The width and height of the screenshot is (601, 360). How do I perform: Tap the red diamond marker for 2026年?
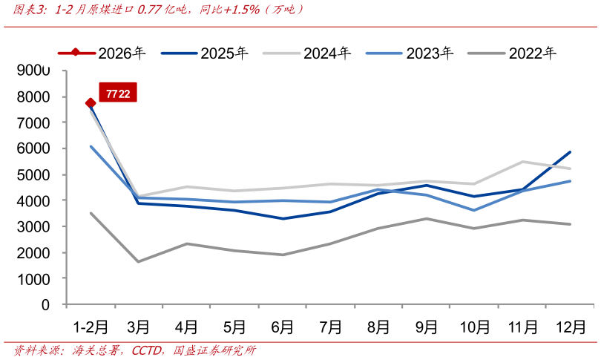[x=91, y=103]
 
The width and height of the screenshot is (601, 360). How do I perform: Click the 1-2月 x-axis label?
[x=90, y=327]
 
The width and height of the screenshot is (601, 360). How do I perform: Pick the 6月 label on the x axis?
[x=282, y=327]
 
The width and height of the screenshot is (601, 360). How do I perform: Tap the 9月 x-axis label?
[x=427, y=327]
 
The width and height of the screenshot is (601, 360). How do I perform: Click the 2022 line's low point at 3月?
[x=138, y=261]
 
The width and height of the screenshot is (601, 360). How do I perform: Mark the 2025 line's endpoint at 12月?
[x=570, y=152]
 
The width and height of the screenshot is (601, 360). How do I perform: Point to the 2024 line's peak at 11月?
[x=522, y=162]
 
